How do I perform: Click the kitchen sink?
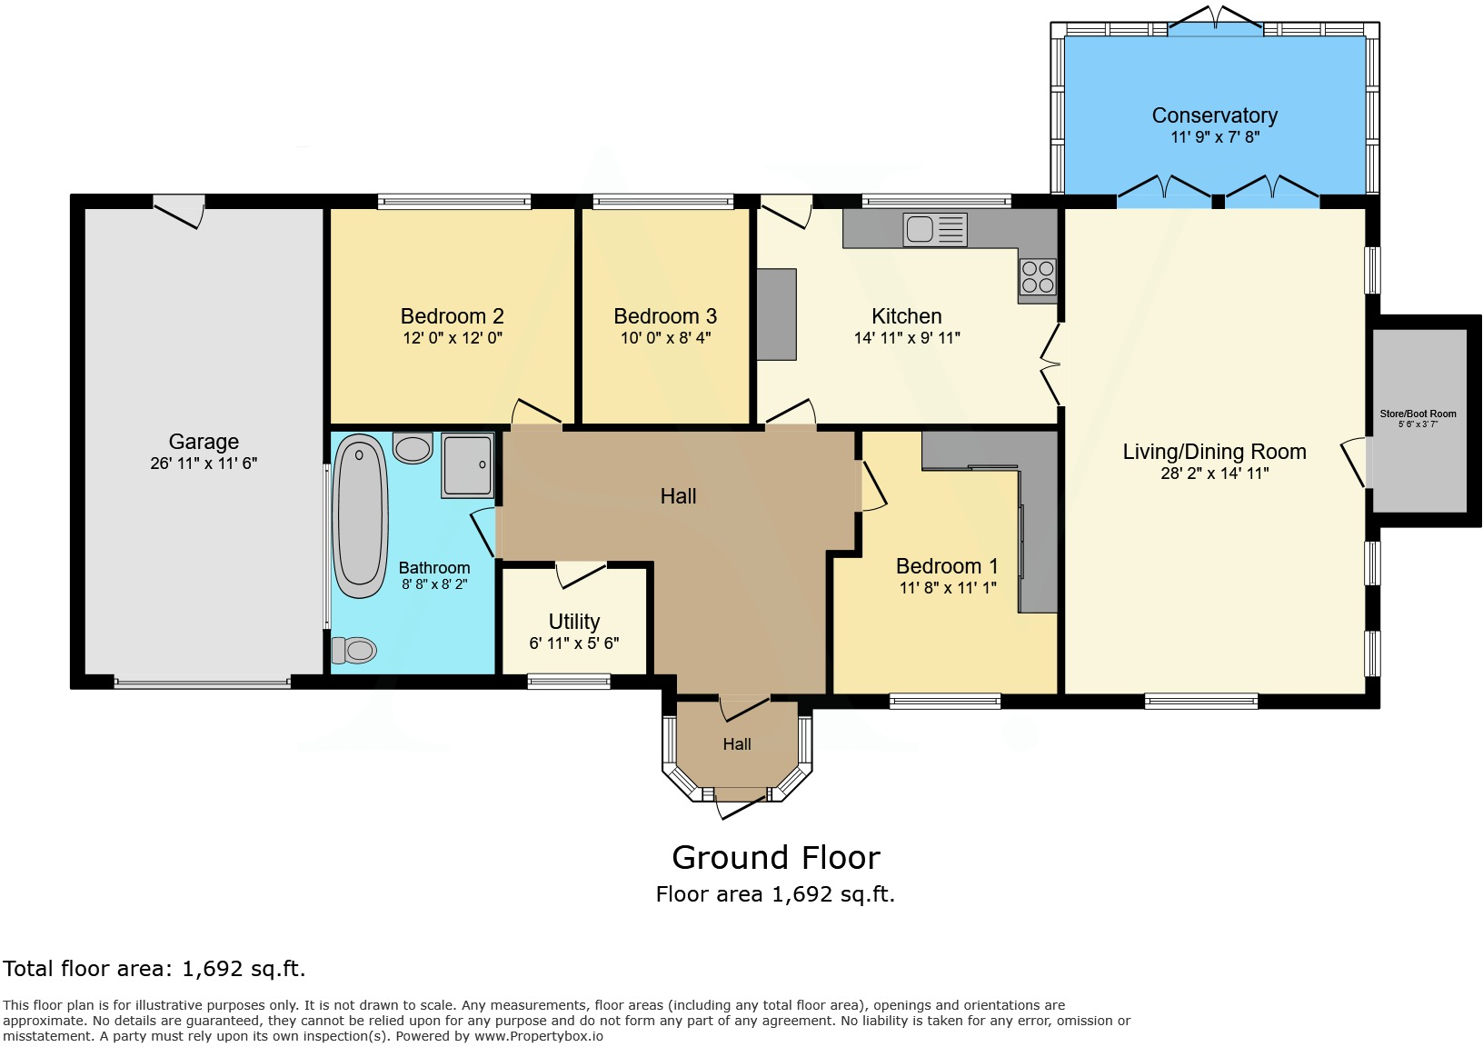[933, 229]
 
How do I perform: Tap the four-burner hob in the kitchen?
[1038, 277]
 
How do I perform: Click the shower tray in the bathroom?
[468, 464]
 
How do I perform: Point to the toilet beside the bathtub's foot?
[354, 650]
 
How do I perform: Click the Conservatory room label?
[1214, 115]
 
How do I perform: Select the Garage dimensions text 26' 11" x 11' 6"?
[204, 464]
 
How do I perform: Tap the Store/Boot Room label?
[1418, 414]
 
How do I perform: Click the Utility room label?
[574, 622]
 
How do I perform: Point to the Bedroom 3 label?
[665, 316]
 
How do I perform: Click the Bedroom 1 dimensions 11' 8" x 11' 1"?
[948, 588]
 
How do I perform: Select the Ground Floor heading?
[776, 857]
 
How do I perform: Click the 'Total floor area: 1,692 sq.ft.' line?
[154, 969]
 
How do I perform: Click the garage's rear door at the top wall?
[179, 211]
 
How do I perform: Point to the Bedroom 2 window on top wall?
[454, 202]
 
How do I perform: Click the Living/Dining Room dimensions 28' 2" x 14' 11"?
[1214, 474]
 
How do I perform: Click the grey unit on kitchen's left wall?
[777, 314]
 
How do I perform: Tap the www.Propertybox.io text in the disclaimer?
[538, 1036]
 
